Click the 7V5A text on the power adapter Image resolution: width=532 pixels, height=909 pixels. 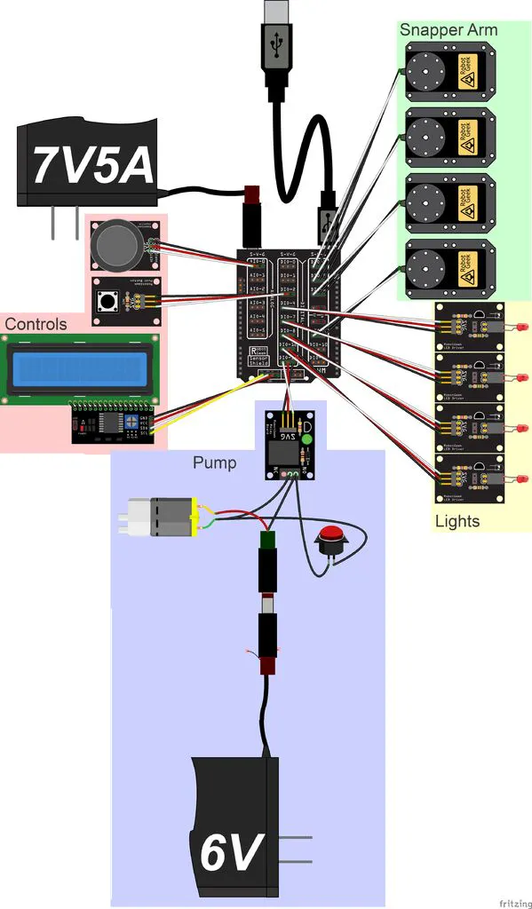tap(91, 164)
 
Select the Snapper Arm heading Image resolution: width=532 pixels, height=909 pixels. tap(448, 29)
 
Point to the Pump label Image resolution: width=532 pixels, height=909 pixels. tap(214, 462)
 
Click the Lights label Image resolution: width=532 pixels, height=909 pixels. tap(457, 520)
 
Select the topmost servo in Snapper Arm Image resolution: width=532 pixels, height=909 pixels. tap(446, 73)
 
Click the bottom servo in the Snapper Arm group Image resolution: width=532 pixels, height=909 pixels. tap(446, 267)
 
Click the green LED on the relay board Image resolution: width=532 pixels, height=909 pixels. tap(307, 438)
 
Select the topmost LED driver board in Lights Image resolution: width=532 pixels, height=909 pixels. tap(468, 327)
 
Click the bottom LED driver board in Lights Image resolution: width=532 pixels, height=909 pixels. tap(468, 479)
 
